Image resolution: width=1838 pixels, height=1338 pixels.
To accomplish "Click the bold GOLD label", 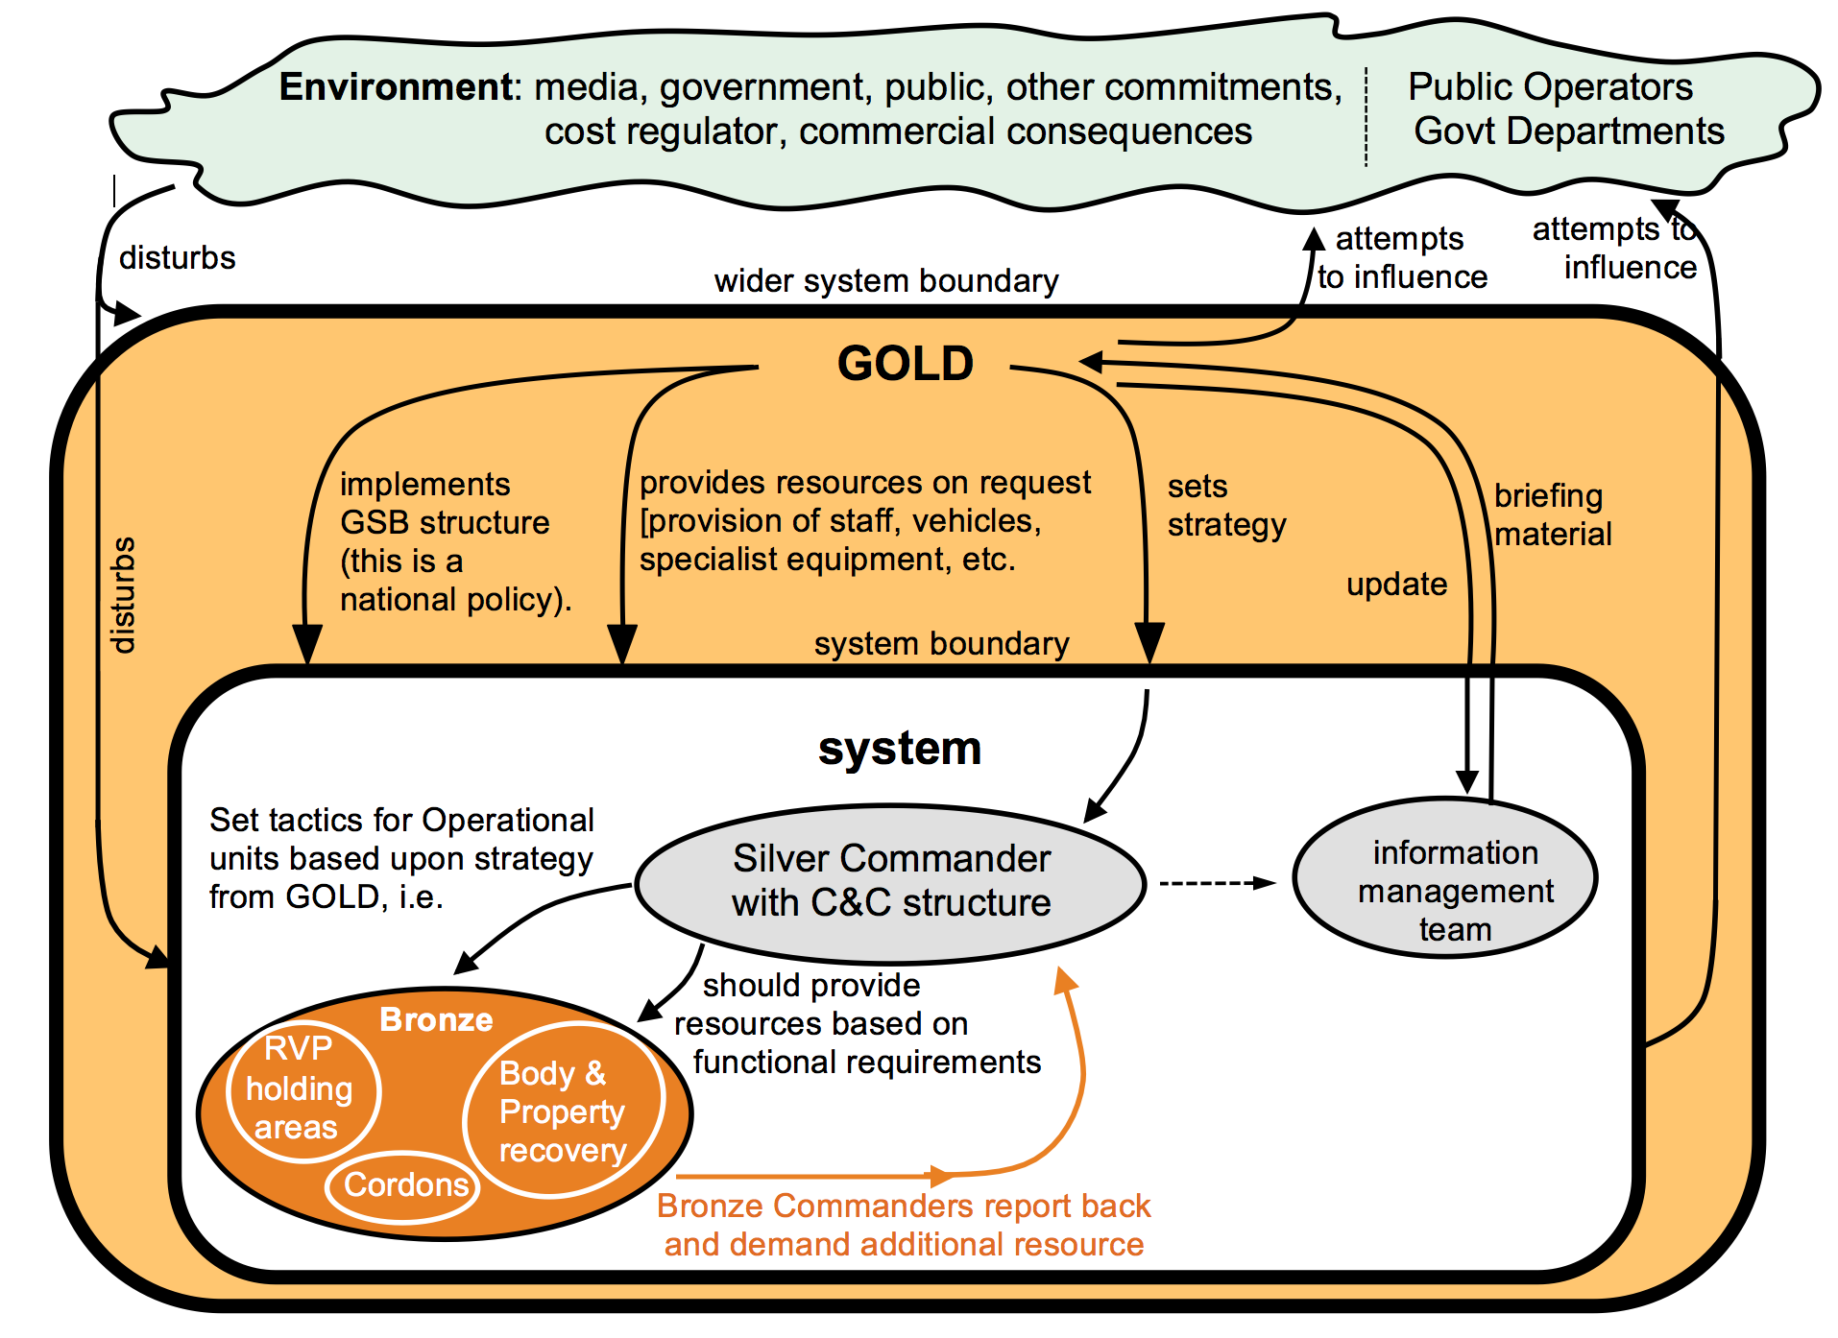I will pos(905,364).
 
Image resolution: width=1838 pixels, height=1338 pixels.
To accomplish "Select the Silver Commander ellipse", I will pos(890,882).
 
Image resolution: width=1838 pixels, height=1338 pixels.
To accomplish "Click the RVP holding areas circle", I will pos(302,1090).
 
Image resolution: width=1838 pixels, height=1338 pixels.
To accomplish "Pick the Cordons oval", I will pos(404,1186).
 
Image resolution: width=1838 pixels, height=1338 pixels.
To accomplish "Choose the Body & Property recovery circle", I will pos(563,1111).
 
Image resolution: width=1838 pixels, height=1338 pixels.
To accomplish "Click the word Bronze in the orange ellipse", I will pos(436,1019).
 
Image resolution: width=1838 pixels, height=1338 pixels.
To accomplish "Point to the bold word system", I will pos(900,749).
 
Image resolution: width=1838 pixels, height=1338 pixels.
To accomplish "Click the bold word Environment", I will pos(397,87).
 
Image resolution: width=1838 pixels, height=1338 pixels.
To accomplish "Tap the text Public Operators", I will pos(1550,87).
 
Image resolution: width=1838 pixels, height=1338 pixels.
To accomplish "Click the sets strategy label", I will pos(1225,506).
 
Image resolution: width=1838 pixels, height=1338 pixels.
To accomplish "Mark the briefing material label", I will pos(1552,514).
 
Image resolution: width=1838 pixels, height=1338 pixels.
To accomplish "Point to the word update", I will pos(1396,585).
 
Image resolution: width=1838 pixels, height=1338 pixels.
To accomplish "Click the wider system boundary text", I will pos(885,281).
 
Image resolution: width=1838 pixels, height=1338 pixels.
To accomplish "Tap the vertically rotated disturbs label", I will pos(123,595).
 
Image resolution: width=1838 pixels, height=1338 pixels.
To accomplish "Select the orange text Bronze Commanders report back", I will pos(903,1207).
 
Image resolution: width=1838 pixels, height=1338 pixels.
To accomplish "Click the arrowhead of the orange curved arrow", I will pos(1064,980).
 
